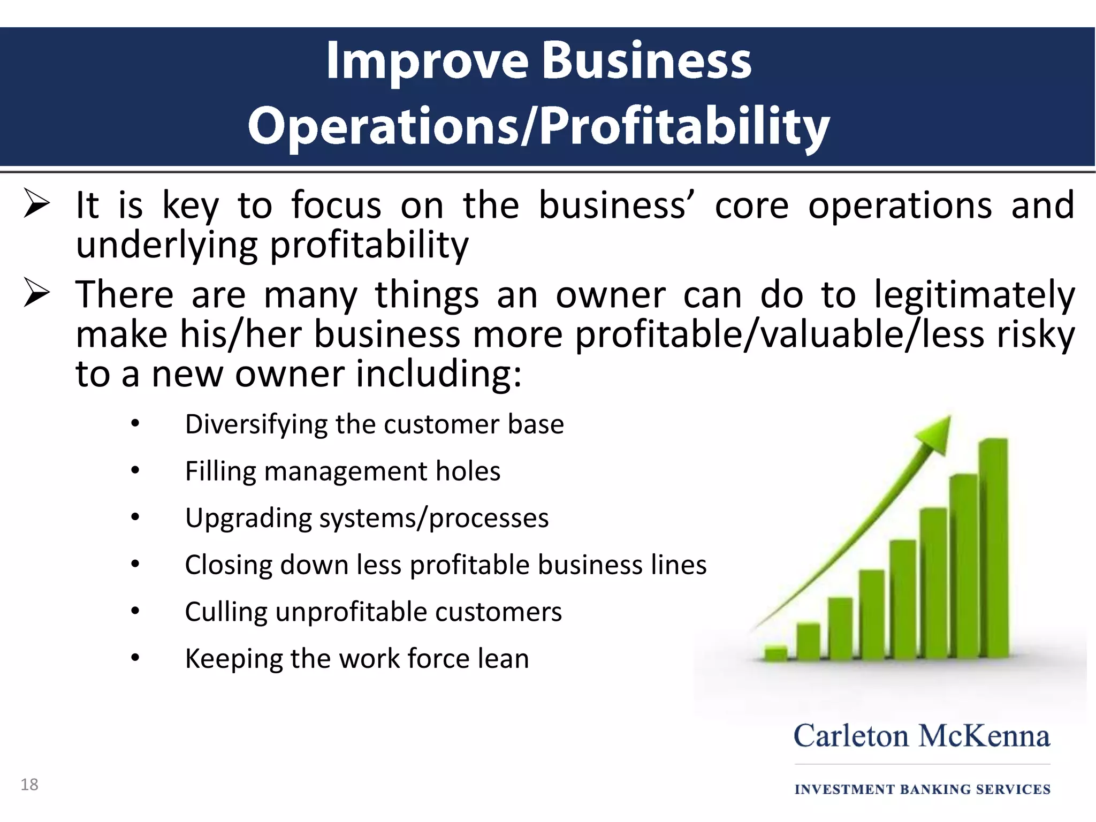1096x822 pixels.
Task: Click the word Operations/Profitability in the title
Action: coord(538,127)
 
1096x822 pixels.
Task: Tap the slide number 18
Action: coord(29,785)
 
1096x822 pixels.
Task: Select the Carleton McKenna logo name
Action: coord(922,736)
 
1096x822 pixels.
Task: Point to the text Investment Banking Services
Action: coord(922,789)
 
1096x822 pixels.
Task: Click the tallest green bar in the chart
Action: coord(993,546)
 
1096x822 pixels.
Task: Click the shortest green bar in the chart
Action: coord(775,654)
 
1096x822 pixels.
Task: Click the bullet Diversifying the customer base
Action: coord(374,424)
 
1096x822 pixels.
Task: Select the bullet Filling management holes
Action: coord(342,471)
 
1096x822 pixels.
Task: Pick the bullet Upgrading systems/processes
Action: coord(367,518)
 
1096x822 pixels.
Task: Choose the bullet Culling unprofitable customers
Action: coord(373,612)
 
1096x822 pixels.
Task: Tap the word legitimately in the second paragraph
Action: coord(974,295)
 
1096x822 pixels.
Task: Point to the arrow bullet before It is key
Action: coord(37,205)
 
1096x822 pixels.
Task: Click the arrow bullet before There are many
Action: coord(37,294)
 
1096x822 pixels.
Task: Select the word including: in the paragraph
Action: coord(439,374)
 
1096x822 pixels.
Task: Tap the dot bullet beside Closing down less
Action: coord(135,564)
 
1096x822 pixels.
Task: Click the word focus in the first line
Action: coord(336,205)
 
